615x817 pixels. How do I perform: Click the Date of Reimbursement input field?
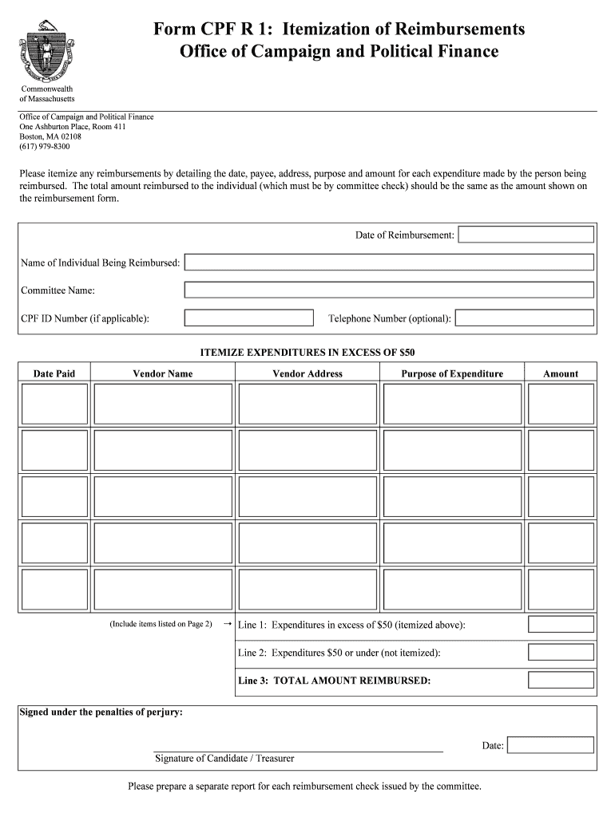[x=526, y=235]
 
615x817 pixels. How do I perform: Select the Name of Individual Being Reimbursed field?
[x=389, y=262]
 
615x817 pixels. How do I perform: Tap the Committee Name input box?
[x=389, y=290]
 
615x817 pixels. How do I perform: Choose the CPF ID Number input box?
[x=248, y=318]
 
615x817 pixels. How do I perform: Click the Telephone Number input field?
[x=524, y=318]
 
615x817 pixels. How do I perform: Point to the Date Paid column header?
[x=54, y=373]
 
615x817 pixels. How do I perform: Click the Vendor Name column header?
[x=163, y=373]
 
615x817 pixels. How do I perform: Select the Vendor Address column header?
[x=307, y=373]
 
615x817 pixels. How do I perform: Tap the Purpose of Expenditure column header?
[x=452, y=373]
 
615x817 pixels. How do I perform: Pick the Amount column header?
[x=561, y=373]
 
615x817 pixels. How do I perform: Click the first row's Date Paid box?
[x=54, y=404]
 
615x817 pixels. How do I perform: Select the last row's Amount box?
[x=561, y=589]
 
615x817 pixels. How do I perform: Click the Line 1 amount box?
[x=561, y=625]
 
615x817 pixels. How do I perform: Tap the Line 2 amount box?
[x=561, y=653]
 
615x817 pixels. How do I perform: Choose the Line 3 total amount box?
[x=561, y=681]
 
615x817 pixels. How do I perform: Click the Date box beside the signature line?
[x=550, y=745]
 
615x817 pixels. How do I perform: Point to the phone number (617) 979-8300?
[x=45, y=147]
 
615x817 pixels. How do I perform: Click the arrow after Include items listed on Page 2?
[x=227, y=624]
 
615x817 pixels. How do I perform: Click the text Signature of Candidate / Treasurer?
[x=224, y=758]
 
